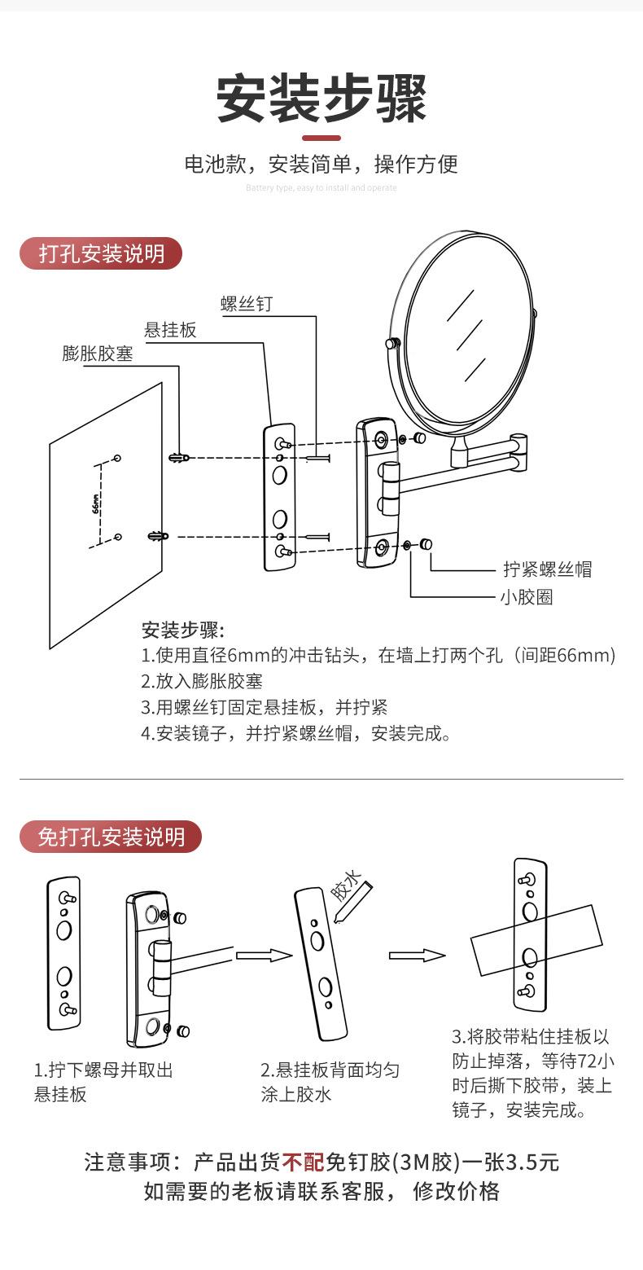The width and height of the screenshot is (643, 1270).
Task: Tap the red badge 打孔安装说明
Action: pyautogui.click(x=101, y=253)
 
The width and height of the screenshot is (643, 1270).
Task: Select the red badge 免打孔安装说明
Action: pyautogui.click(x=111, y=837)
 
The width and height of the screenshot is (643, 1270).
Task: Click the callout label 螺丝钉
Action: pyautogui.click(x=247, y=304)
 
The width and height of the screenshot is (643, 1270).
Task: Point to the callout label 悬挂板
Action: pyautogui.click(x=170, y=330)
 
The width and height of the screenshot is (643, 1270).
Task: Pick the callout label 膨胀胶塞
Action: pyautogui.click(x=98, y=354)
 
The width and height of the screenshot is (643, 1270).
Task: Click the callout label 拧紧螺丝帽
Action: pyautogui.click(x=547, y=569)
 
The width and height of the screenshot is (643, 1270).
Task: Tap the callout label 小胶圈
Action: pyautogui.click(x=526, y=597)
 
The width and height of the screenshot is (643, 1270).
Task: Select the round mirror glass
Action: pyautogui.click(x=468, y=334)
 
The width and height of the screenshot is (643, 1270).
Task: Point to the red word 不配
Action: pyautogui.click(x=304, y=1162)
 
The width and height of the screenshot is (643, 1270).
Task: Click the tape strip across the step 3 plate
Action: pyautogui.click(x=536, y=941)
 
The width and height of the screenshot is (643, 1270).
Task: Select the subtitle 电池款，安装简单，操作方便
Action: pyautogui.click(x=321, y=164)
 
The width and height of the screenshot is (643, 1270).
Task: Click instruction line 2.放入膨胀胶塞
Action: pyautogui.click(x=202, y=682)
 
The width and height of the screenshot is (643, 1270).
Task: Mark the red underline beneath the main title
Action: pyautogui.click(x=321, y=138)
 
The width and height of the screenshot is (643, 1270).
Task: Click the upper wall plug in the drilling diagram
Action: pyautogui.click(x=179, y=457)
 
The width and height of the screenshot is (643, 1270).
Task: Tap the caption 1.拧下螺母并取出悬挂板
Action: pyautogui.click(x=103, y=1082)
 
